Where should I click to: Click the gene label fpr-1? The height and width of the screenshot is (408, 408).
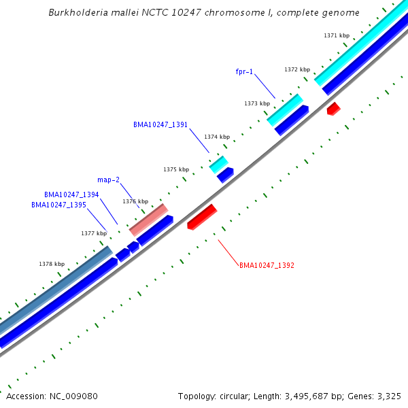(x=244, y=71)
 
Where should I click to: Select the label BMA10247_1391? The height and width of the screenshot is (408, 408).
(x=160, y=124)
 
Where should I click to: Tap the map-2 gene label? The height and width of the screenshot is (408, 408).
(x=108, y=180)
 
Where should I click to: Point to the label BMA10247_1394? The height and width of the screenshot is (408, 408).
(x=71, y=194)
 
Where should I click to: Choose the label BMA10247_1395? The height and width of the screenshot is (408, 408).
(x=58, y=205)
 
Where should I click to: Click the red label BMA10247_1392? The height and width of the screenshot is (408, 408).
(x=267, y=265)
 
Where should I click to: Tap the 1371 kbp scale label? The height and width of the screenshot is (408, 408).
(x=336, y=35)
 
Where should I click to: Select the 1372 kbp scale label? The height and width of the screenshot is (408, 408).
(x=297, y=69)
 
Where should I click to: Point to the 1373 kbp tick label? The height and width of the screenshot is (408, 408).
(x=257, y=103)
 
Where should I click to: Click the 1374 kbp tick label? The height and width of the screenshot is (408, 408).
(x=217, y=137)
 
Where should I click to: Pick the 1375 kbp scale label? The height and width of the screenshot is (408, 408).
(x=175, y=169)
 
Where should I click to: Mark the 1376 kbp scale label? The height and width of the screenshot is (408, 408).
(x=135, y=201)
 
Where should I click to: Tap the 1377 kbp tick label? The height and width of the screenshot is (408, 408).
(x=94, y=233)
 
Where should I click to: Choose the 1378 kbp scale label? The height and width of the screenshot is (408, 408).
(x=52, y=264)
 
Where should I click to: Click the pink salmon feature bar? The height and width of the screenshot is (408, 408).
(x=148, y=220)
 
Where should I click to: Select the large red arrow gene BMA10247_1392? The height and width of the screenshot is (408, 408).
(x=201, y=217)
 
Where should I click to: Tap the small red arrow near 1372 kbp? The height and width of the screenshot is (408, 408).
(x=333, y=108)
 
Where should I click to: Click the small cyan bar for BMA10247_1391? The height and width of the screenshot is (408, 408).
(x=218, y=164)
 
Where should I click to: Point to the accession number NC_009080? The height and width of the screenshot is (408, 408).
(x=52, y=396)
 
